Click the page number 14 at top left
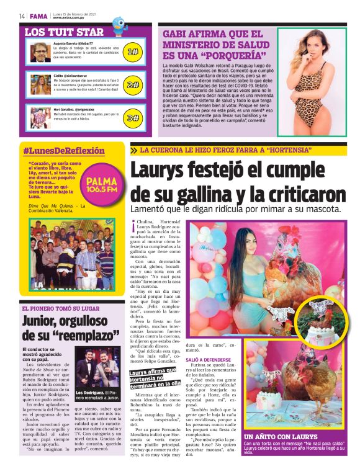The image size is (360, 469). [x=22, y=16]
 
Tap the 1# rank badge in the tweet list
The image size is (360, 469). [x=132, y=53]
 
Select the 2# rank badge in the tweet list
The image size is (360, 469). [x=132, y=85]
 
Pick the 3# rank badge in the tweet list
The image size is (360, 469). [x=132, y=117]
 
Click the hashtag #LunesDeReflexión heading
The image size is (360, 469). [x=64, y=151]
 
